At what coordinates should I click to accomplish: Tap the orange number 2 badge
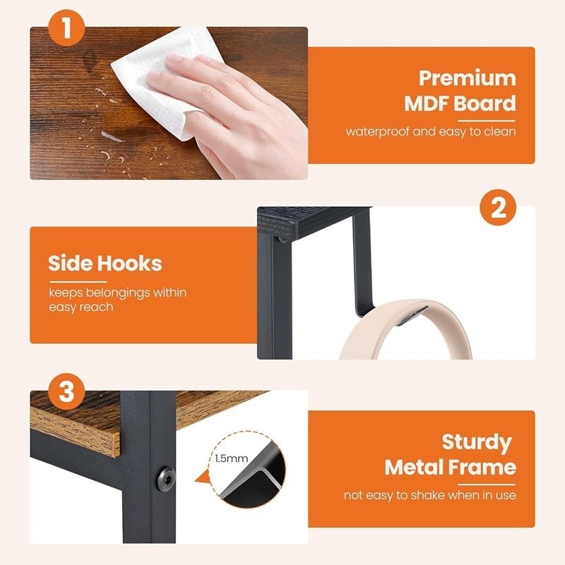[499, 209]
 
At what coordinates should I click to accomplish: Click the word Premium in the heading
[467, 78]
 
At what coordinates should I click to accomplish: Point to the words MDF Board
[460, 104]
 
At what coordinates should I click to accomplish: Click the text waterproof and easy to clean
[430, 131]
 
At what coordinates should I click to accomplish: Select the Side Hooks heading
[105, 264]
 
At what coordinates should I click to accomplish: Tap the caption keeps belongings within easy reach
[117, 299]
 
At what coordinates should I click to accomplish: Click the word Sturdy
[476, 442]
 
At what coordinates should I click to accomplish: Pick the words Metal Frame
[450, 468]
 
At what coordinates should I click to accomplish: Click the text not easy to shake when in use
[429, 495]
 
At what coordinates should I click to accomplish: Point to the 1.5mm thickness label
[230, 458]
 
